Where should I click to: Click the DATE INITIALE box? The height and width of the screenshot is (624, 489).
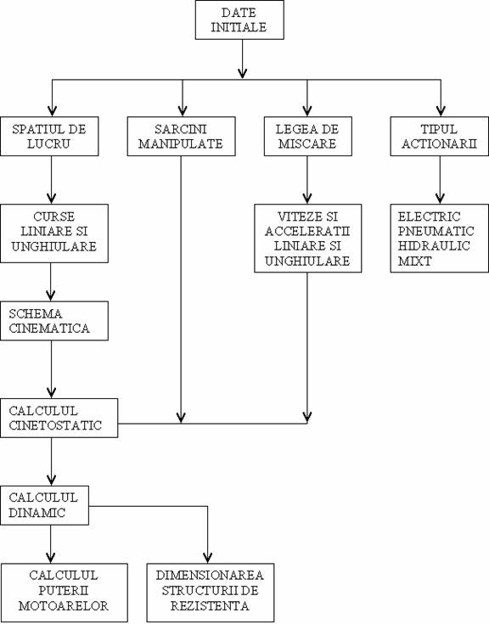click(239, 20)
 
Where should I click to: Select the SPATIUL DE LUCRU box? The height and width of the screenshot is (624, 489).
click(49, 136)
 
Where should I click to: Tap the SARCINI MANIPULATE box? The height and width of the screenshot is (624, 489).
click(182, 136)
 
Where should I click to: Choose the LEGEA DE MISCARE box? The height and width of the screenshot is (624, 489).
click(308, 136)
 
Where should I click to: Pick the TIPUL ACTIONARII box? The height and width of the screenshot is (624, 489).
click(439, 136)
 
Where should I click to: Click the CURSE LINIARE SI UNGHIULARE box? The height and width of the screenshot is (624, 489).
click(54, 233)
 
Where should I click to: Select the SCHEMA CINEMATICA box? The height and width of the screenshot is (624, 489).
click(54, 321)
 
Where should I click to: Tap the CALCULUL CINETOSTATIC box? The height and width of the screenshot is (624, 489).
click(59, 418)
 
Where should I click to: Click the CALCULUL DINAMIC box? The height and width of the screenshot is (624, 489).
click(44, 505)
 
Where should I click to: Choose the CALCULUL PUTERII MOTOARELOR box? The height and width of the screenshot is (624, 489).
click(64, 593)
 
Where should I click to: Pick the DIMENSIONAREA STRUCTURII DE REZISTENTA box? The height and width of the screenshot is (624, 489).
click(211, 593)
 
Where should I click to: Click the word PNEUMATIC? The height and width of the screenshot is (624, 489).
click(436, 231)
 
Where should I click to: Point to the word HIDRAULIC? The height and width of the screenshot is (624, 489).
click(434, 246)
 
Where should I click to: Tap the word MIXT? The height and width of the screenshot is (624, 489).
click(414, 261)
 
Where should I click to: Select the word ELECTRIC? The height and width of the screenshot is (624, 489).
click(429, 216)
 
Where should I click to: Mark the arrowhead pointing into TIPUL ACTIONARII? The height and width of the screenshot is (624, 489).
click(441, 110)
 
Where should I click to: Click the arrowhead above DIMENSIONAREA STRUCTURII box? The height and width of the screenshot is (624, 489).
click(208, 558)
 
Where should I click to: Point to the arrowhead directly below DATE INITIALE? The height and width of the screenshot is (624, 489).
click(242, 73)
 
